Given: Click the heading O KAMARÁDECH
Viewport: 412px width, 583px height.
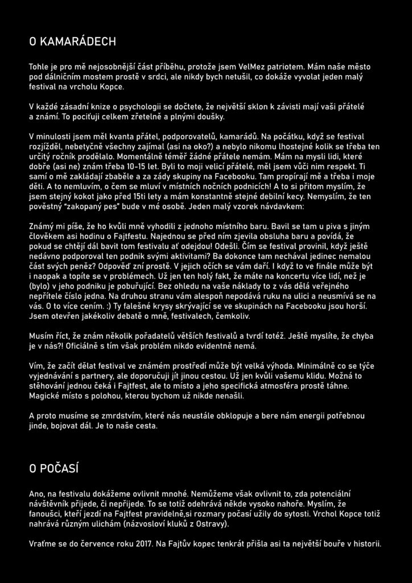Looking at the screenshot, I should pos(72,42).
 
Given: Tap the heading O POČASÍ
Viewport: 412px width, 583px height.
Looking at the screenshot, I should pos(53,468).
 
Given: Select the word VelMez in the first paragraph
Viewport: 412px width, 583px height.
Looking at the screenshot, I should pos(249,67).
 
